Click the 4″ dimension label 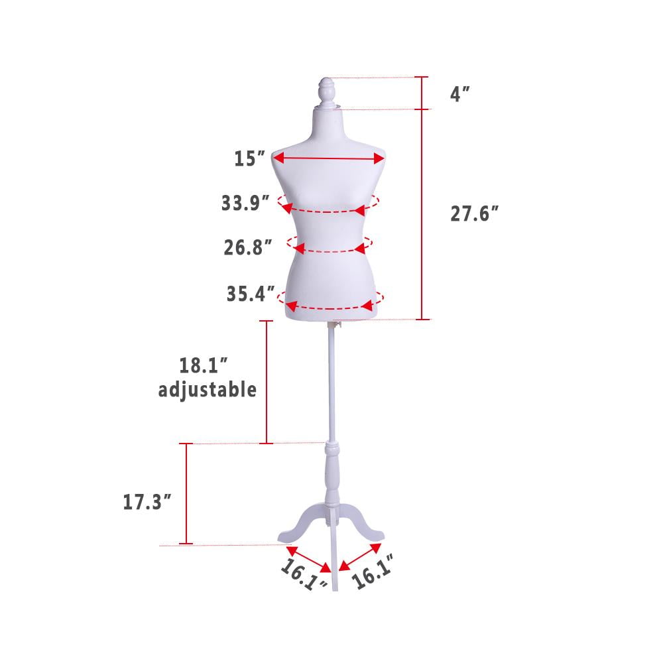[x=460, y=93]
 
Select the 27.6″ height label [x=474, y=213]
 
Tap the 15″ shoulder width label [x=249, y=158]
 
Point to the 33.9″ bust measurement [x=245, y=203]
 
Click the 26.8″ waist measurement [x=247, y=247]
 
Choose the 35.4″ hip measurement [x=250, y=294]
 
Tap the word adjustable [x=208, y=390]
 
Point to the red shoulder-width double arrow [x=328, y=158]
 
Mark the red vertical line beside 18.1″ [x=267, y=382]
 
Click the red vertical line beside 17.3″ [x=186, y=494]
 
